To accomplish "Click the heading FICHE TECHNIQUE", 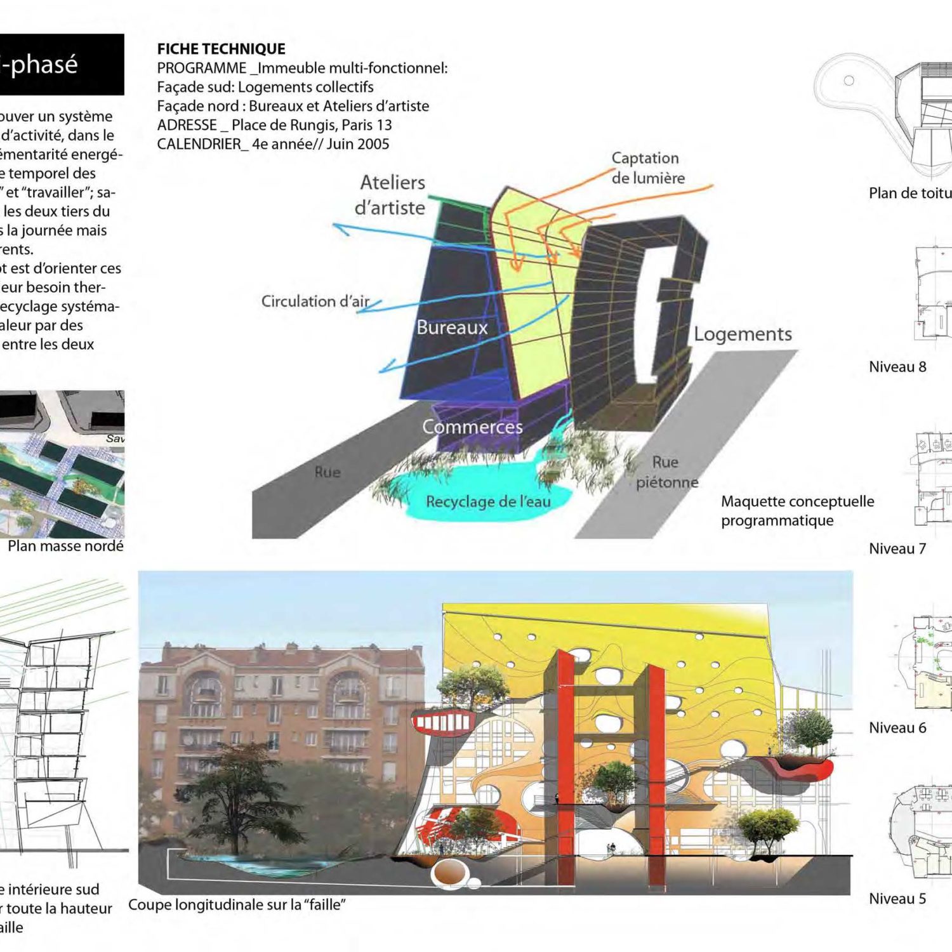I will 221,49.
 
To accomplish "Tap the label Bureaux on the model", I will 452,327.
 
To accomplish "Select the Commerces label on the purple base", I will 472,427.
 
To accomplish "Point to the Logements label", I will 743,334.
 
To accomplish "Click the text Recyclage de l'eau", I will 488,501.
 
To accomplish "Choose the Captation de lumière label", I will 647,168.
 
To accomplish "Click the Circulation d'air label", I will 315,301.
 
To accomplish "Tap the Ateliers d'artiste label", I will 391,195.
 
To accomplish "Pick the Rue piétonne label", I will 666,472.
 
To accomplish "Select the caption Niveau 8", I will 897,367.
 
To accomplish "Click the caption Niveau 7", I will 897,549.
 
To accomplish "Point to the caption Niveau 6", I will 897,728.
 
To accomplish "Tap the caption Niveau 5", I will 897,899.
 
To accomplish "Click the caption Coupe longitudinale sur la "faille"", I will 237,904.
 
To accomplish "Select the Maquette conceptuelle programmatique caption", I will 797,511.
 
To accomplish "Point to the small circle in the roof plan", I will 849,81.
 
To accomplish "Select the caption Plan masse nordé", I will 65,546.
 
